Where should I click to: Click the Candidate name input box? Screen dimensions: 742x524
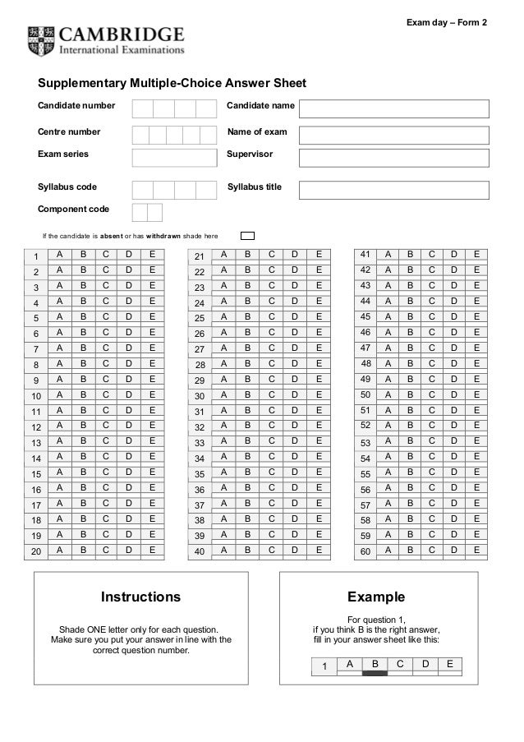[393, 109]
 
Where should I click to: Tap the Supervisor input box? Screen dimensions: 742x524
[393, 158]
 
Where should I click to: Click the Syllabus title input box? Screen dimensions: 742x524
[393, 191]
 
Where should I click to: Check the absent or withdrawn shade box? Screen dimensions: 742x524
[247, 237]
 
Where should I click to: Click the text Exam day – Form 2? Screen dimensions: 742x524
[447, 21]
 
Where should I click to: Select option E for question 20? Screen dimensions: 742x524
[152, 551]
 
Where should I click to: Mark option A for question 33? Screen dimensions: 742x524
[223, 441]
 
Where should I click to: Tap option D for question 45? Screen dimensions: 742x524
[454, 316]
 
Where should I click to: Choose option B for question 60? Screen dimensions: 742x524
[410, 551]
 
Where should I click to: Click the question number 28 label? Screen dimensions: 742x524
[199, 365]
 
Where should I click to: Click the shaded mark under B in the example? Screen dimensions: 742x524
[375, 672]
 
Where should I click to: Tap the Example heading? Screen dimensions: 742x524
[376, 596]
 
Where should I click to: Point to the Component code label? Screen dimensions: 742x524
[74, 210]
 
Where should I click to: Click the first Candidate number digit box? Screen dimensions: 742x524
[142, 109]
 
